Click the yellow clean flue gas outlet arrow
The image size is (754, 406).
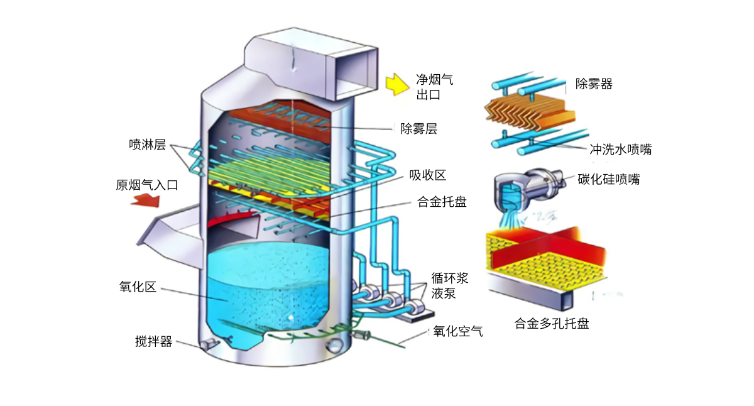pos(397,84)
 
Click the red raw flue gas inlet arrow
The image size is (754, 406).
pos(146,200)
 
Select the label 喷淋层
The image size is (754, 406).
pos(147,145)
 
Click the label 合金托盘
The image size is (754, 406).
pos(442,202)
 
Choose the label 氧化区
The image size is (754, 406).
pos(138,287)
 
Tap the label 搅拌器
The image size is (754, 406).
pos(153,342)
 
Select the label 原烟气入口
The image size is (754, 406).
pos(148,185)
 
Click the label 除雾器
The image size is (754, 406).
pos(594,84)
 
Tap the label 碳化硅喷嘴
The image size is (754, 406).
pos(609,179)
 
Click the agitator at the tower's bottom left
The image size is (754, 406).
pos(209,343)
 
